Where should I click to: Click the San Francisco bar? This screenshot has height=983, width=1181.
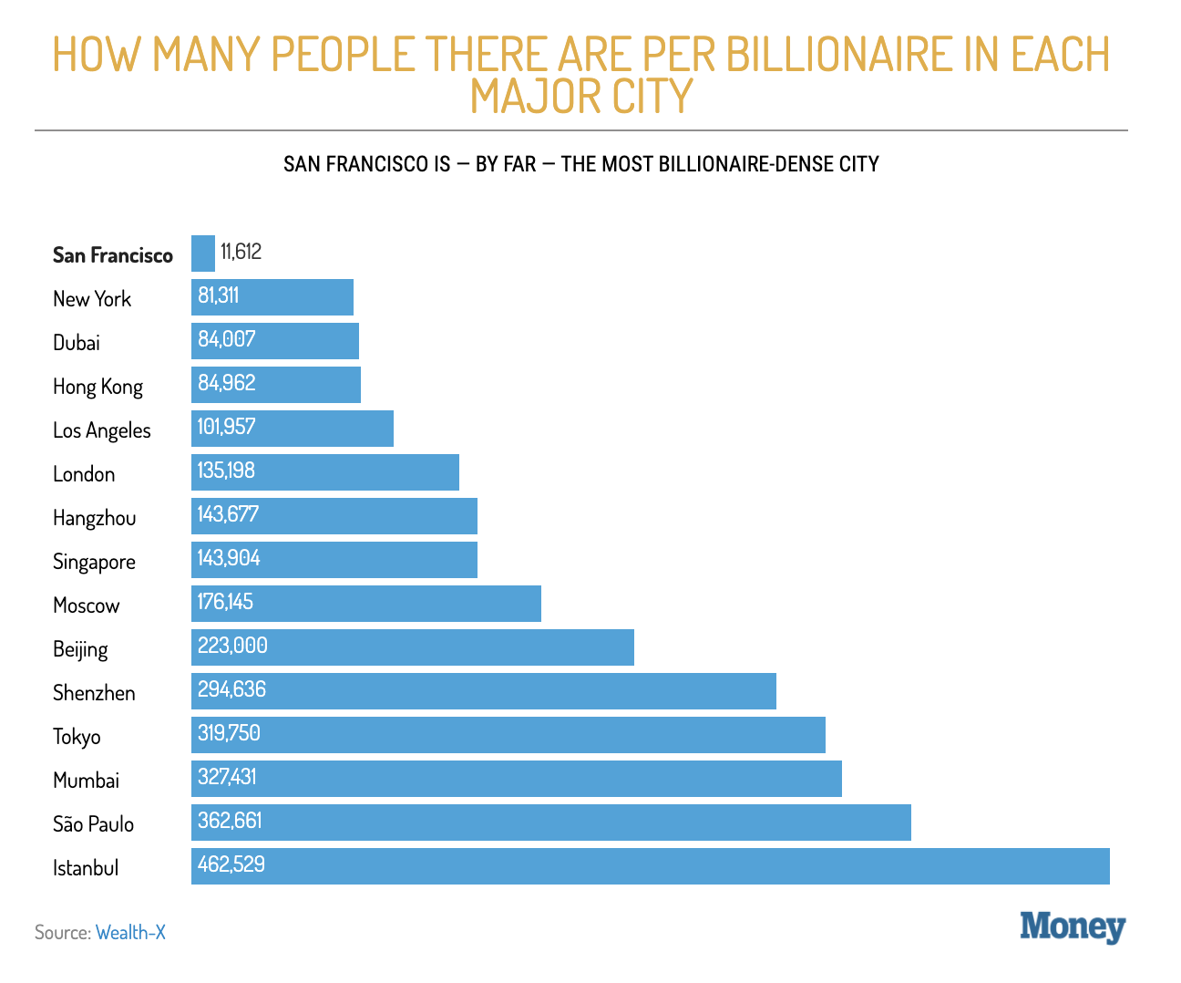[203, 254]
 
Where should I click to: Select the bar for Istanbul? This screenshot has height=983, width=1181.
[650, 866]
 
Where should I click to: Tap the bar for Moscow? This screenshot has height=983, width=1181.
[365, 604]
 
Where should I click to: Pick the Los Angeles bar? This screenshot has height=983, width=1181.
[292, 429]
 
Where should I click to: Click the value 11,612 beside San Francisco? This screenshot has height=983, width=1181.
[241, 252]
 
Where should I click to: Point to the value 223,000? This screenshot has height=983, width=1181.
[232, 646]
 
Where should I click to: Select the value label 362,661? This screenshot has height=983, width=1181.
[230, 821]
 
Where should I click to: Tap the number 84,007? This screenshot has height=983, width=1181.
[227, 339]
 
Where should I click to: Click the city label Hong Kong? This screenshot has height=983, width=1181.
[98, 387]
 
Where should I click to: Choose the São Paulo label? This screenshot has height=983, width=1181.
[93, 824]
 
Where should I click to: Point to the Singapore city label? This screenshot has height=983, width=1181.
[94, 562]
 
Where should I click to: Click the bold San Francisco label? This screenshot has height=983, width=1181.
[113, 255]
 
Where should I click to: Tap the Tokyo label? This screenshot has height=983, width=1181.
[77, 737]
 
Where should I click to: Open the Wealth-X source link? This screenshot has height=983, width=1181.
[130, 932]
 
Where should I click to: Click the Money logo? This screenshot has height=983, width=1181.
[1073, 926]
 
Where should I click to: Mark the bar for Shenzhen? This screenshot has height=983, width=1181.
[483, 691]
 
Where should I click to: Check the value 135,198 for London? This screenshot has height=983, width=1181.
[226, 471]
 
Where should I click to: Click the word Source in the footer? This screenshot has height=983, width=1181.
[62, 932]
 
